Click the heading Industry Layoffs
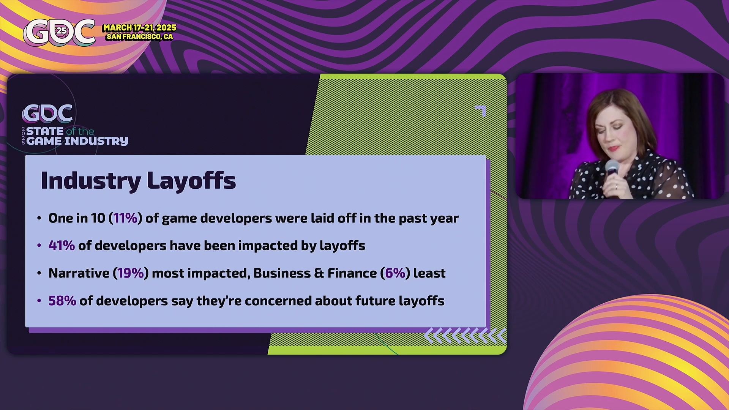138,181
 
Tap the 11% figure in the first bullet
125,218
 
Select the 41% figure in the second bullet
62,246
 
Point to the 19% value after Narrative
131,273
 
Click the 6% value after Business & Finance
395,273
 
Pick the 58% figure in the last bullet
62,301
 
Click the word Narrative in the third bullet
79,273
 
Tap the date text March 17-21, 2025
140,28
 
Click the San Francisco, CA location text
140,37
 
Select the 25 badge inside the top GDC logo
62,31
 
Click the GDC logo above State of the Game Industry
47,114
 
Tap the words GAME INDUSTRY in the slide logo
77,141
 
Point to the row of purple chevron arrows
465,335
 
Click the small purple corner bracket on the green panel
481,110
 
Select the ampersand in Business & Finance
319,273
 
